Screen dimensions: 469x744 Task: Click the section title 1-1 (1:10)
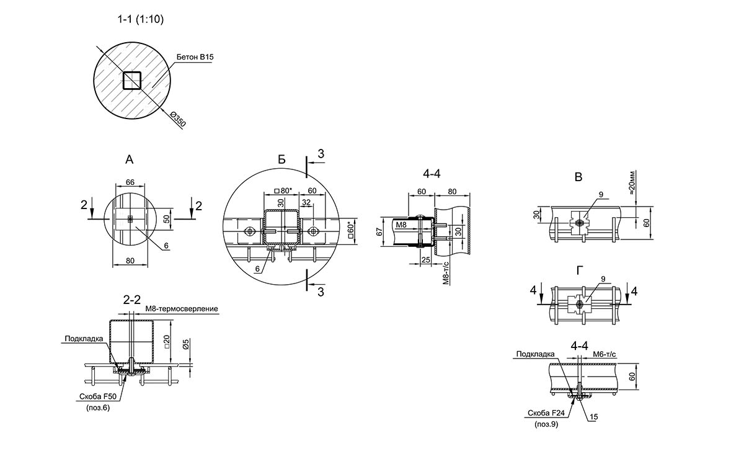click(140, 20)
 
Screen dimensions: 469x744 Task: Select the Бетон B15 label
click(195, 57)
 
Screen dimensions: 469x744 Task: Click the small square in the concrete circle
click(132, 81)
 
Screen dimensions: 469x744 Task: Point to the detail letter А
click(129, 160)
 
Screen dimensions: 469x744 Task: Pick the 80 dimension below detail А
click(130, 261)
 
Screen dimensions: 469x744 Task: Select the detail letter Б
click(281, 160)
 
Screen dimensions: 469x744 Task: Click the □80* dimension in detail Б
click(282, 190)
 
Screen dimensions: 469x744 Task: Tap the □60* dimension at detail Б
click(352, 231)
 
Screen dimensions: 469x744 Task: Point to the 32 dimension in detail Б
click(306, 202)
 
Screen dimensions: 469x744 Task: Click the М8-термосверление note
click(182, 309)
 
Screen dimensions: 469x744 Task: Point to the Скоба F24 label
click(545, 413)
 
